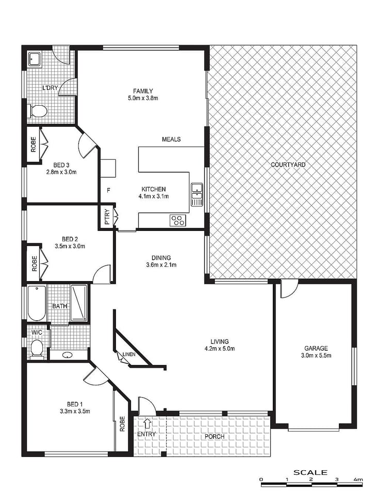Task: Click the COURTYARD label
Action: click(288, 165)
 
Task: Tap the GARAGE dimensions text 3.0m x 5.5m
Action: click(316, 356)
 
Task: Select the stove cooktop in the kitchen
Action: click(177, 221)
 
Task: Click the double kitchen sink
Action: click(196, 194)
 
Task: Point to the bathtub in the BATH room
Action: click(37, 303)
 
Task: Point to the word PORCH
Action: click(214, 437)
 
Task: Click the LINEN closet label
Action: click(129, 354)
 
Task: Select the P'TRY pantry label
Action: click(106, 217)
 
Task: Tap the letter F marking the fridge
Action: click(108, 190)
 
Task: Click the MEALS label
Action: click(171, 139)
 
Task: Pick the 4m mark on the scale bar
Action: click(358, 480)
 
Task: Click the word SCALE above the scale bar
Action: click(310, 472)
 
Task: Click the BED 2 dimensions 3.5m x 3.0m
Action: click(70, 246)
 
